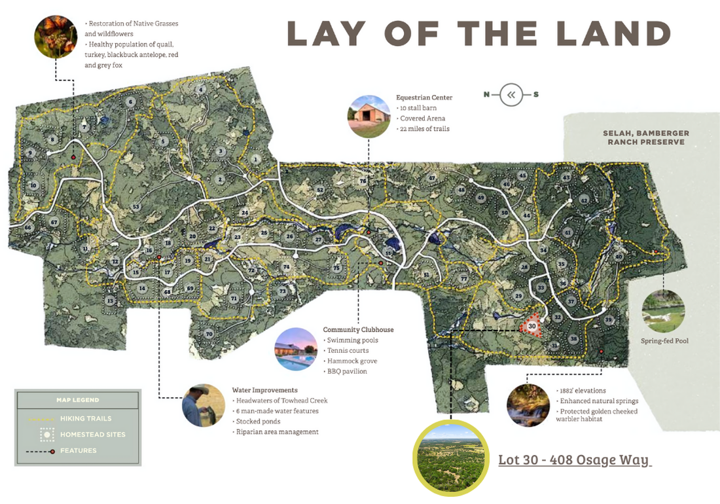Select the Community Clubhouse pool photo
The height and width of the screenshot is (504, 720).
tap(295, 350)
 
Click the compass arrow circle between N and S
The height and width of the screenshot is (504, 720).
tap(511, 95)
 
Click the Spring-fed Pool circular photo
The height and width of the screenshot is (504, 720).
tap(663, 311)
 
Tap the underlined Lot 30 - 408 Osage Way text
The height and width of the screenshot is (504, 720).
tap(575, 459)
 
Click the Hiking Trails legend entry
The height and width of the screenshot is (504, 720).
tap(85, 418)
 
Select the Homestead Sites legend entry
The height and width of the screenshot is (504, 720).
tap(92, 434)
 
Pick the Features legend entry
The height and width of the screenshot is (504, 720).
tap(78, 450)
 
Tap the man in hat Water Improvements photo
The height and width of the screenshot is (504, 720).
tap(204, 405)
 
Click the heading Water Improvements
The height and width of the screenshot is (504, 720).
tap(264, 390)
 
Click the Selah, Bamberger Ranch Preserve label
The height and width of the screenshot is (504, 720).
tap(645, 137)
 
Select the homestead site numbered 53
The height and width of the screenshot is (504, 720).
tap(136, 207)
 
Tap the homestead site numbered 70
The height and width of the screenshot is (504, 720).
tap(209, 334)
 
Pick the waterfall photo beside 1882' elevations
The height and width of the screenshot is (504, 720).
tap(528, 405)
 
